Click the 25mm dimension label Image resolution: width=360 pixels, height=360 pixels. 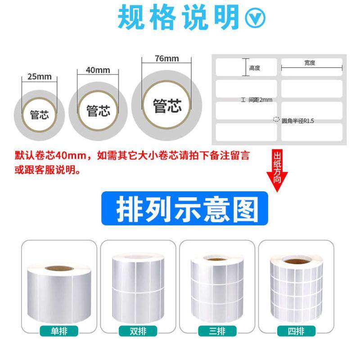(x=40, y=76)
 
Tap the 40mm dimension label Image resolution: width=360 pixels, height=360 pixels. (x=98, y=70)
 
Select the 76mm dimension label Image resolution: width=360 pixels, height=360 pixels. (x=166, y=59)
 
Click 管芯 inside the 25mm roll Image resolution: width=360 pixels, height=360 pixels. (x=40, y=114)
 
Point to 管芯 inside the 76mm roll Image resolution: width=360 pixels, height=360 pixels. (x=167, y=106)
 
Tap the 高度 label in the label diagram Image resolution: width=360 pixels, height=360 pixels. (x=255, y=68)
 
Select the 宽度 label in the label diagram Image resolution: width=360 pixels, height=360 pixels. (x=310, y=63)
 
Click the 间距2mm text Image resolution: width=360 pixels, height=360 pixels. (x=260, y=99)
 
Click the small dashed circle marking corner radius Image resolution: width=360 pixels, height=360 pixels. (x=276, y=120)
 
